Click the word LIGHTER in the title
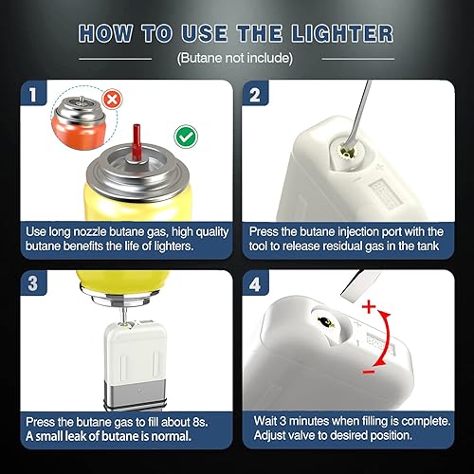(x=342, y=33)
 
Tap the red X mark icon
(x=112, y=100)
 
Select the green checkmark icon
(x=186, y=137)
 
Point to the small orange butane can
(x=79, y=123)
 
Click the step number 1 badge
(x=33, y=94)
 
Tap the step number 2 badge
(x=255, y=94)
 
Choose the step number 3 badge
(x=33, y=283)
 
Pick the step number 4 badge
(x=255, y=284)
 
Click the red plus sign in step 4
(x=369, y=306)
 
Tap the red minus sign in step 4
(x=369, y=372)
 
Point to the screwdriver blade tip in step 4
(x=345, y=297)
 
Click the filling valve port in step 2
(x=346, y=151)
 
